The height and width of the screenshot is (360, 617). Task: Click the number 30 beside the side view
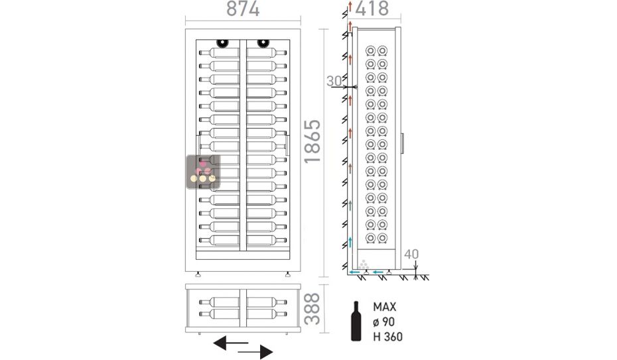(335, 81)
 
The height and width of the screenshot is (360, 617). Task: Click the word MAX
(385, 308)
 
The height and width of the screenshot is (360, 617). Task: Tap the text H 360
(387, 336)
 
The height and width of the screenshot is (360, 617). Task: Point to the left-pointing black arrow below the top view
(230, 343)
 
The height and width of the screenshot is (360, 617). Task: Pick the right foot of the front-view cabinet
(287, 273)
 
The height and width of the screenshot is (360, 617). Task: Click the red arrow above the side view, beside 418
(346, 7)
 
